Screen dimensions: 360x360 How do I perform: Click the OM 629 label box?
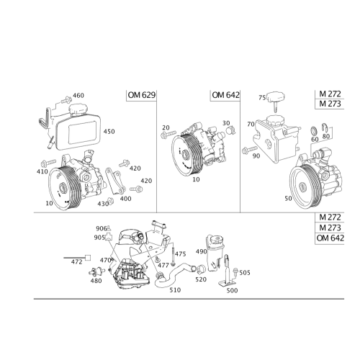(x=142, y=95)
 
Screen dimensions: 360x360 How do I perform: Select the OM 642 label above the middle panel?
(x=220, y=95)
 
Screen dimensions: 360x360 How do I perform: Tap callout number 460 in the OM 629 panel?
(x=78, y=94)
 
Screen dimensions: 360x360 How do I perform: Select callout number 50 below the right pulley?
(x=287, y=196)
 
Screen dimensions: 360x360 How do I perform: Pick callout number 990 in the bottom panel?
(x=99, y=228)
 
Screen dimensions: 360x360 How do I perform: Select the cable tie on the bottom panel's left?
(x=75, y=257)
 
